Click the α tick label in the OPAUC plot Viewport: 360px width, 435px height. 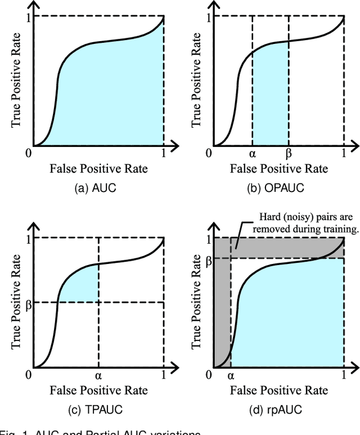click(252, 154)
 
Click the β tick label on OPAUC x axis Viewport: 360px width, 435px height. click(289, 154)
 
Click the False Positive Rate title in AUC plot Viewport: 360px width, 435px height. click(98, 169)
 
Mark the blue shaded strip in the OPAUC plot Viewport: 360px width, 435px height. click(270, 101)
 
